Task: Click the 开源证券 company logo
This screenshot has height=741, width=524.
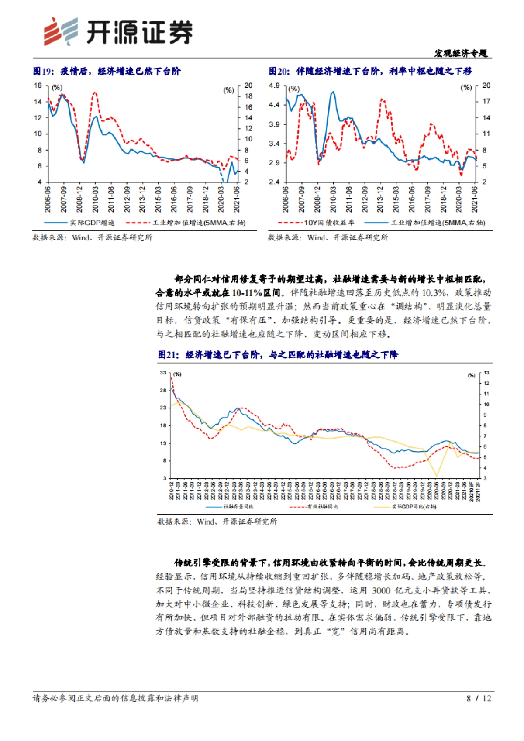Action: click(118, 31)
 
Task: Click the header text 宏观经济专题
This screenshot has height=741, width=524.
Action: click(461, 53)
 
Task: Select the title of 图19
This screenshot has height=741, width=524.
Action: click(107, 71)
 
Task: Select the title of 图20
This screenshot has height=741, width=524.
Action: click(370, 71)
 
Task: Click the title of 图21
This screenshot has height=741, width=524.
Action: click(278, 355)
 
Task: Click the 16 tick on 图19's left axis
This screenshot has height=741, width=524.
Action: click(38, 86)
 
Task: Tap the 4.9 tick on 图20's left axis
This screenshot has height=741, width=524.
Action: click(274, 86)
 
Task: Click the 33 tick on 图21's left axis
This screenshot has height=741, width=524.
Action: click(163, 373)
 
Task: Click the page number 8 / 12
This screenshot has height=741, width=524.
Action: click(479, 699)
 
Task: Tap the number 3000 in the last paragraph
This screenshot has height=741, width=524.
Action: click(382, 590)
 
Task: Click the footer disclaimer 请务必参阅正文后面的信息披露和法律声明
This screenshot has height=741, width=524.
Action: click(115, 699)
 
